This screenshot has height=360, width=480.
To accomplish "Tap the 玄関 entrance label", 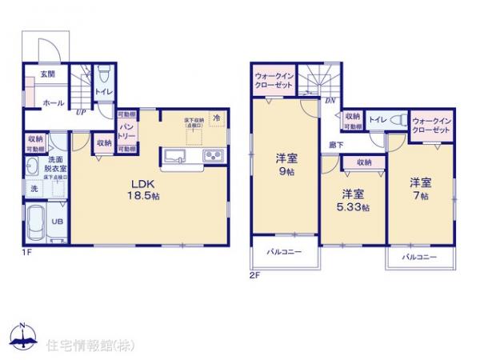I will tap(38, 74).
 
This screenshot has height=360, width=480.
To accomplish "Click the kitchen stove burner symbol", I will tap(214, 155).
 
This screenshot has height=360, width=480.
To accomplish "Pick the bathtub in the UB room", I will tap(36, 221).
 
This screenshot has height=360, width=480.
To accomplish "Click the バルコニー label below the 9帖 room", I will tap(285, 253).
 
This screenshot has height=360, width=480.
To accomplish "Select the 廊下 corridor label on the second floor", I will tap(337, 146).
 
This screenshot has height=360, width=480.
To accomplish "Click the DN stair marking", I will tap(330, 101).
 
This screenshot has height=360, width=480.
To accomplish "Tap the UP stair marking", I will tap(81, 113).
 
